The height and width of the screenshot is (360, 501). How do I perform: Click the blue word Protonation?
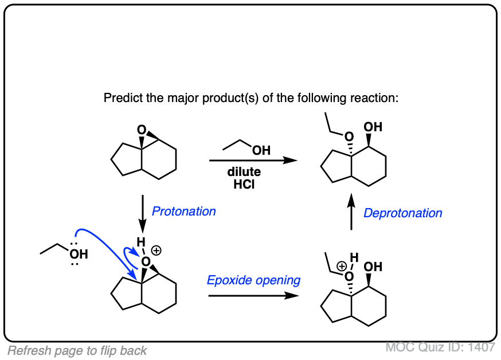click(x=183, y=211)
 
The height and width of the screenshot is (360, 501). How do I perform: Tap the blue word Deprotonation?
click(x=403, y=213)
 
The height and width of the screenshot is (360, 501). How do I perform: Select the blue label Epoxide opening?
click(x=253, y=280)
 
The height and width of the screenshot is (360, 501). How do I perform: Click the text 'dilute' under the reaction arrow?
click(x=244, y=172)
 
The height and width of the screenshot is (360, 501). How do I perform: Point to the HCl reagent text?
click(x=244, y=185)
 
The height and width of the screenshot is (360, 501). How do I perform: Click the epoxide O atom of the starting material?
click(x=142, y=131)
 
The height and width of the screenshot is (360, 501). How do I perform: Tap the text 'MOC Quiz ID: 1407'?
click(x=440, y=347)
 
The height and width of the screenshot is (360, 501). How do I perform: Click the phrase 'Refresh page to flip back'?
click(x=77, y=351)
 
